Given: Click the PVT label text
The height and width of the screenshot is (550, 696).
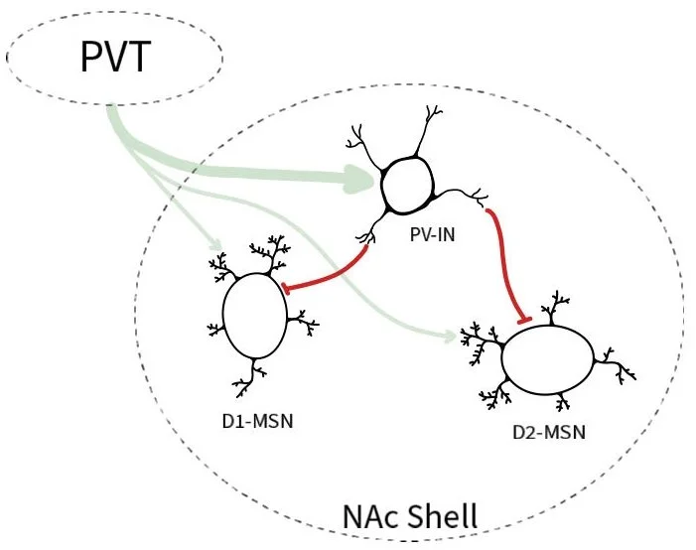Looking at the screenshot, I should pyautogui.click(x=116, y=57).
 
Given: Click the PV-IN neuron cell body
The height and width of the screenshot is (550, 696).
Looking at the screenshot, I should pyautogui.click(x=406, y=185).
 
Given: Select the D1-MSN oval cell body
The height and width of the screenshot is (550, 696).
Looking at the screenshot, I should pyautogui.click(x=255, y=317).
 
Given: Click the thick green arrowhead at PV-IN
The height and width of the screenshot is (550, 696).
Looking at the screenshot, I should pyautogui.click(x=363, y=180).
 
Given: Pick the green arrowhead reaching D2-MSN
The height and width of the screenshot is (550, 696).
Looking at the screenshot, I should pyautogui.click(x=449, y=338).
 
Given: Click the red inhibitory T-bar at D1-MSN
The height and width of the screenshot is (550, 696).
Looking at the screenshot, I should pyautogui.click(x=286, y=289).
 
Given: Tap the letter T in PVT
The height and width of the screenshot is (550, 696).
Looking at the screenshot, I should pyautogui.click(x=140, y=57).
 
